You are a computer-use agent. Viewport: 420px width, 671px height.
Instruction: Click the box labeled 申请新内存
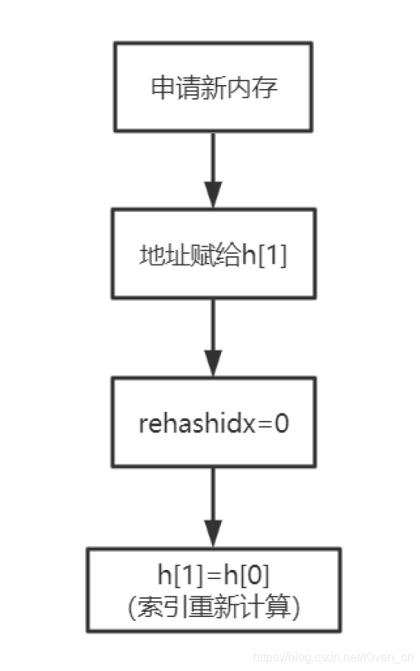point(213,87)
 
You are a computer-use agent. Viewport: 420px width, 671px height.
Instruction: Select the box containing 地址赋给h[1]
point(213,255)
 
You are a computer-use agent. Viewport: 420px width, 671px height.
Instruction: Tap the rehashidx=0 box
point(213,423)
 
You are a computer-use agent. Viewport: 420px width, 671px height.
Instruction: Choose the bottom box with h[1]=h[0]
point(213,590)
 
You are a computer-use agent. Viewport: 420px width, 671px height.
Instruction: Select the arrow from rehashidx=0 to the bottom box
point(213,506)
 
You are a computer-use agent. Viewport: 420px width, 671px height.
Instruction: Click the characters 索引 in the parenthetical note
point(158,606)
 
